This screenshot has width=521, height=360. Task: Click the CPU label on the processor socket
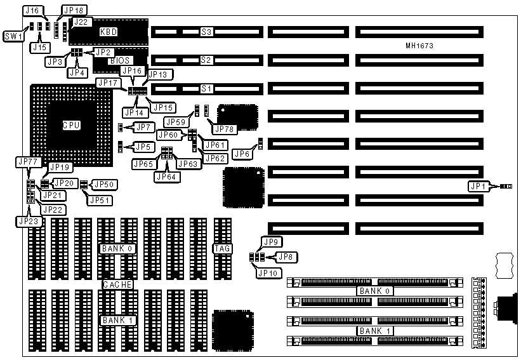coord(71,125)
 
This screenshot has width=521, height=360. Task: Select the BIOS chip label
coord(119,61)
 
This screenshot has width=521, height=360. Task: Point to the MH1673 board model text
coord(419,46)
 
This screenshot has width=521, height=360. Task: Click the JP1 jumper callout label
coord(478,187)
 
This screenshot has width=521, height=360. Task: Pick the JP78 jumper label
coord(224,130)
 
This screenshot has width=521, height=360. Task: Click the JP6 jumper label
coord(241,154)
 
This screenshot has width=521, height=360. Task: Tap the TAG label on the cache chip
coord(222,248)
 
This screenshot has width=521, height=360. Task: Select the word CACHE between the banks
coord(118,285)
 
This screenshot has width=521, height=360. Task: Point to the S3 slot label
coord(206,32)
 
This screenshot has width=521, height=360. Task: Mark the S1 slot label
coord(206,88)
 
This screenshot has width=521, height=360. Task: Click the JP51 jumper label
coord(99,201)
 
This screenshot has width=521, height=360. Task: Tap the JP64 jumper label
coord(166,176)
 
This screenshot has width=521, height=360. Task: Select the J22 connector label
coord(81,22)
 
